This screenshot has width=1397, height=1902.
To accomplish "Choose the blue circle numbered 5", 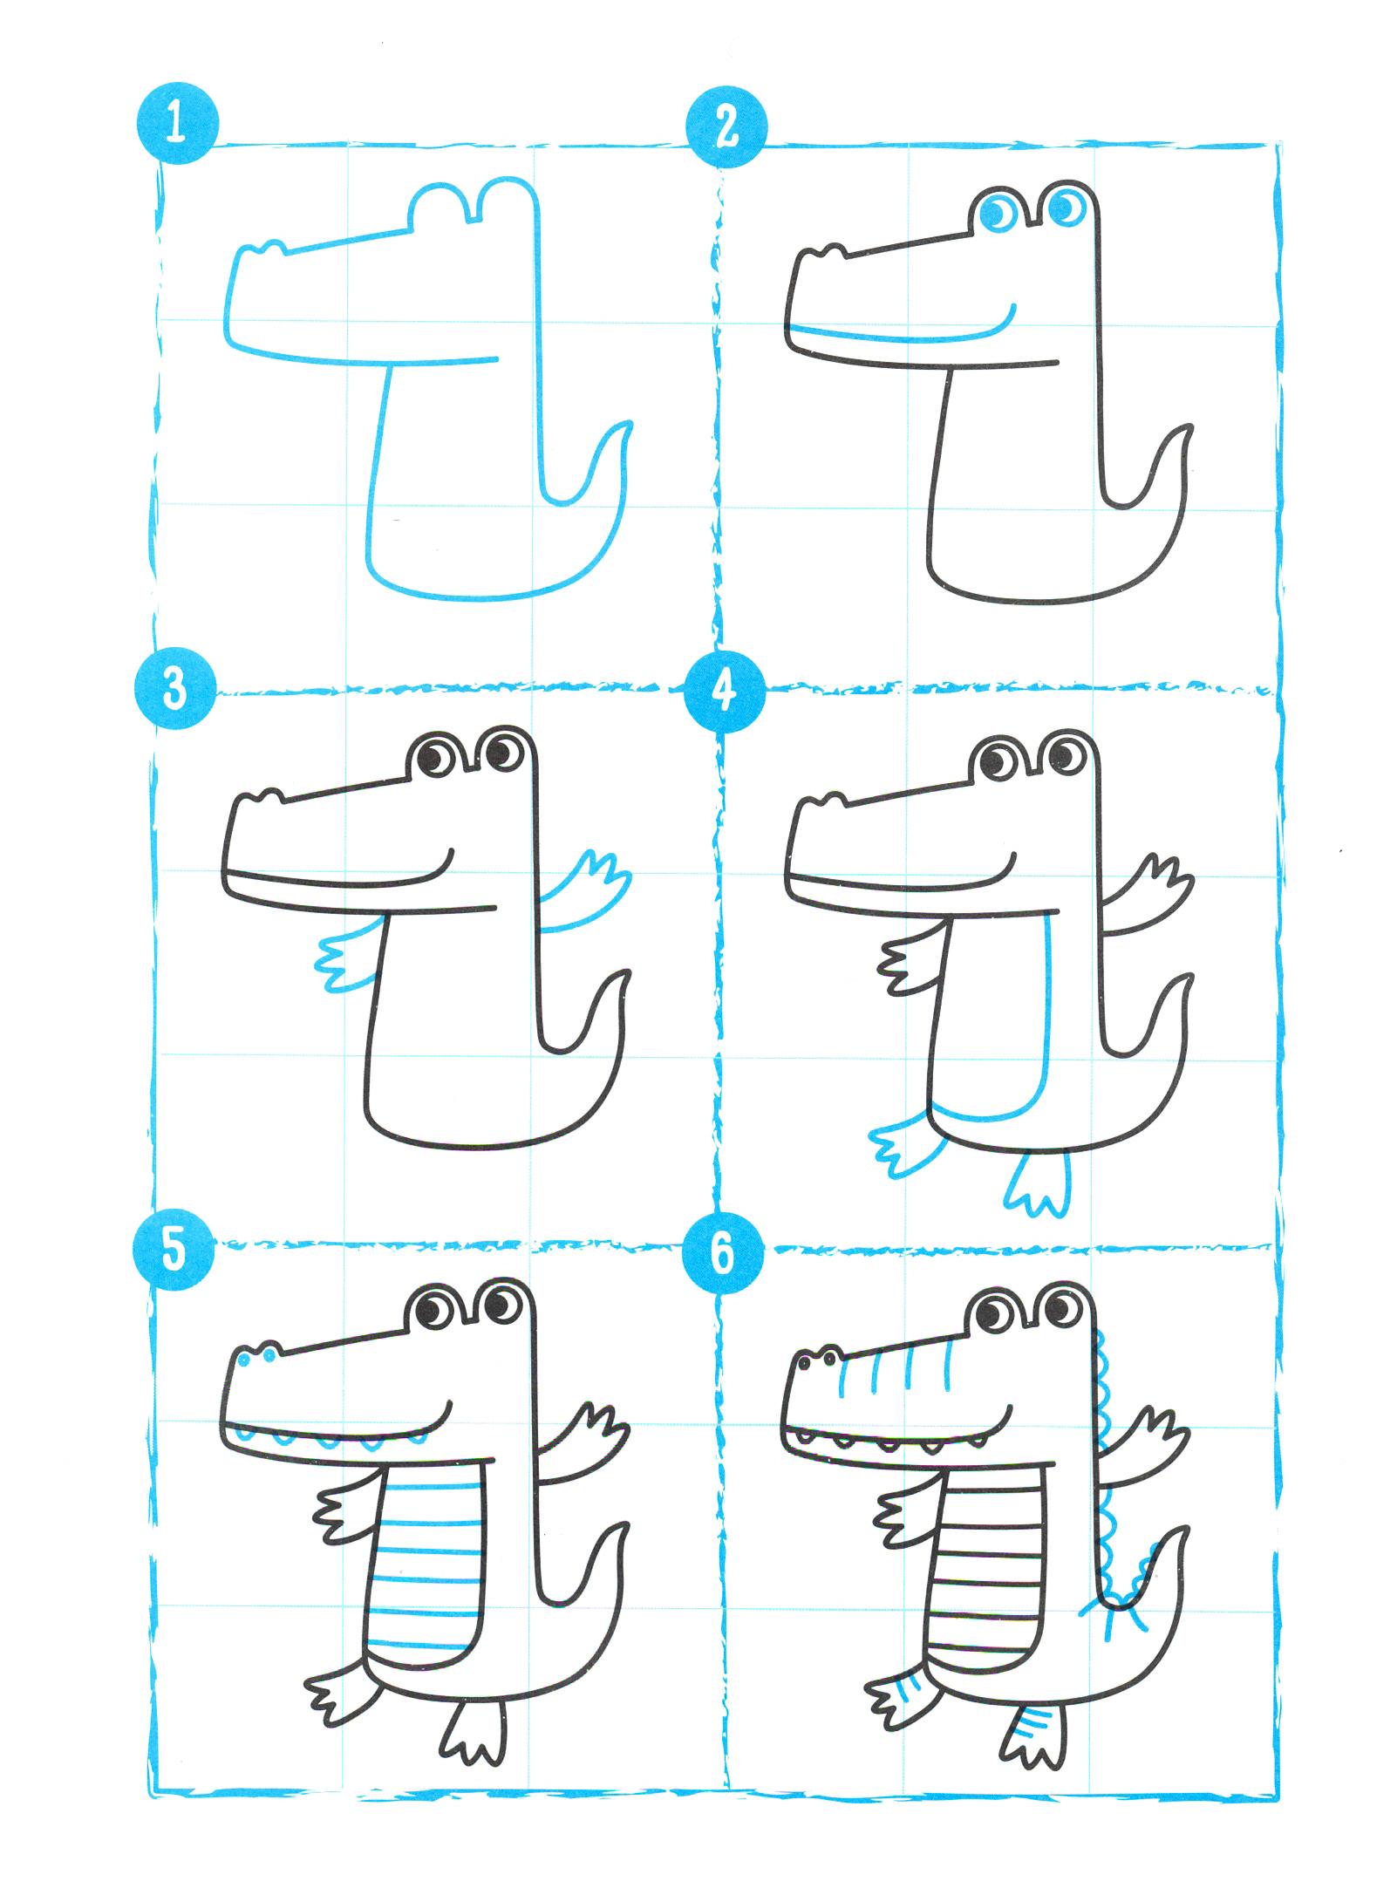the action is pos(175,1249).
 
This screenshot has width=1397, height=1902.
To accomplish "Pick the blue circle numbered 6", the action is pos(723,1253).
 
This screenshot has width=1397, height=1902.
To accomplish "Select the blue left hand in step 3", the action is pos(349,961).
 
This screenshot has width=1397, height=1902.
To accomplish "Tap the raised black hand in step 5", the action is pos(592,1437).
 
